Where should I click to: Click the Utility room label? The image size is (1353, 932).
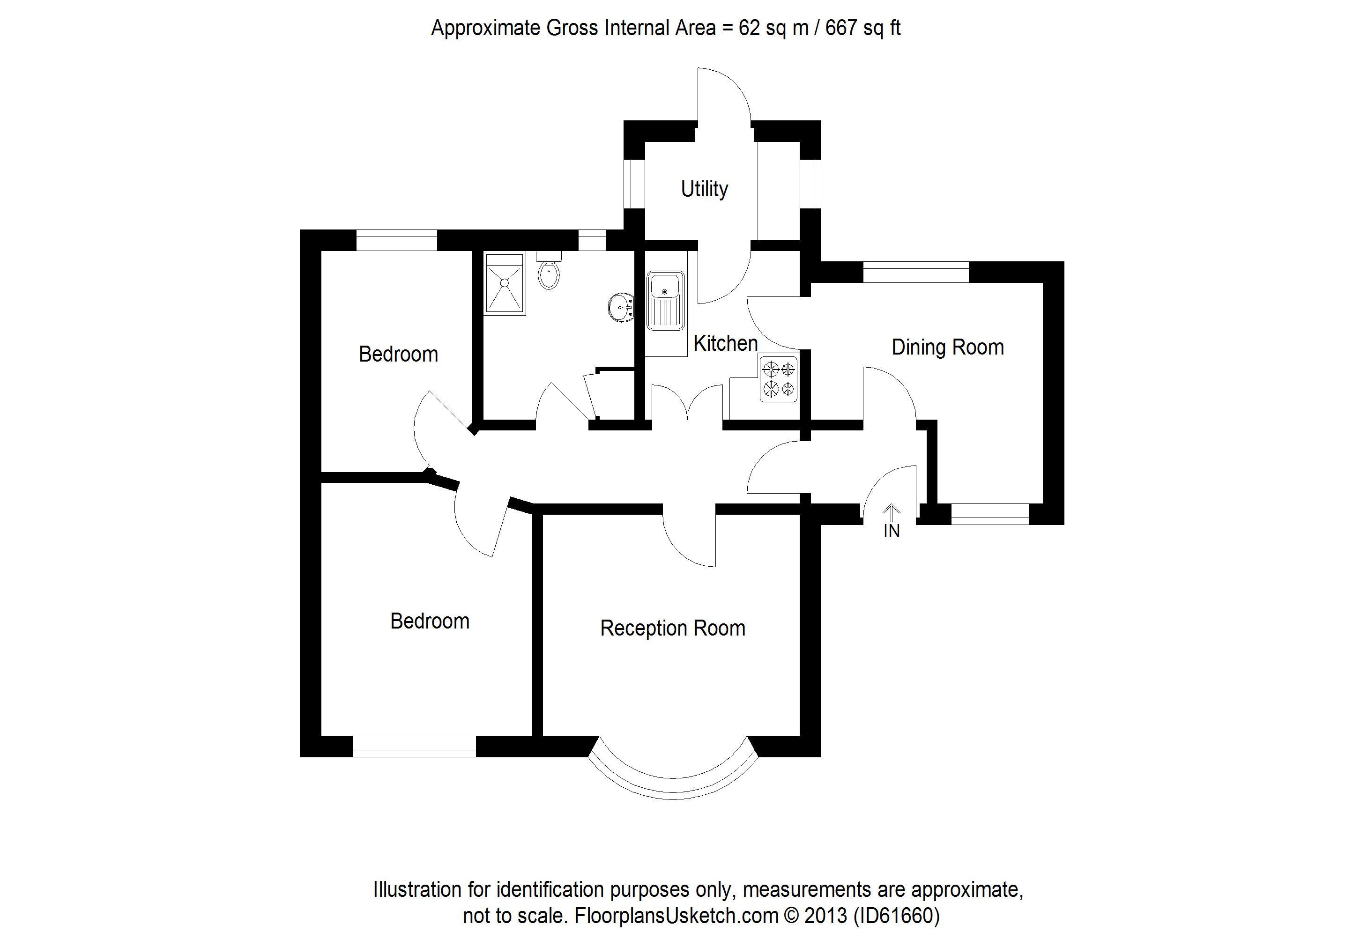tap(704, 189)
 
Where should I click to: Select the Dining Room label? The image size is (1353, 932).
tap(947, 347)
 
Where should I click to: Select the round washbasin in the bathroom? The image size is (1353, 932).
tap(622, 307)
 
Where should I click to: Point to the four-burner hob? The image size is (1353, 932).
tap(779, 378)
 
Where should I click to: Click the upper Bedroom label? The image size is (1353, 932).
tap(398, 354)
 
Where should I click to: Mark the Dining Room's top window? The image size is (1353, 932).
tap(915, 272)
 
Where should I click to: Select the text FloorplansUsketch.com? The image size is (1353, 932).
tap(676, 915)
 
